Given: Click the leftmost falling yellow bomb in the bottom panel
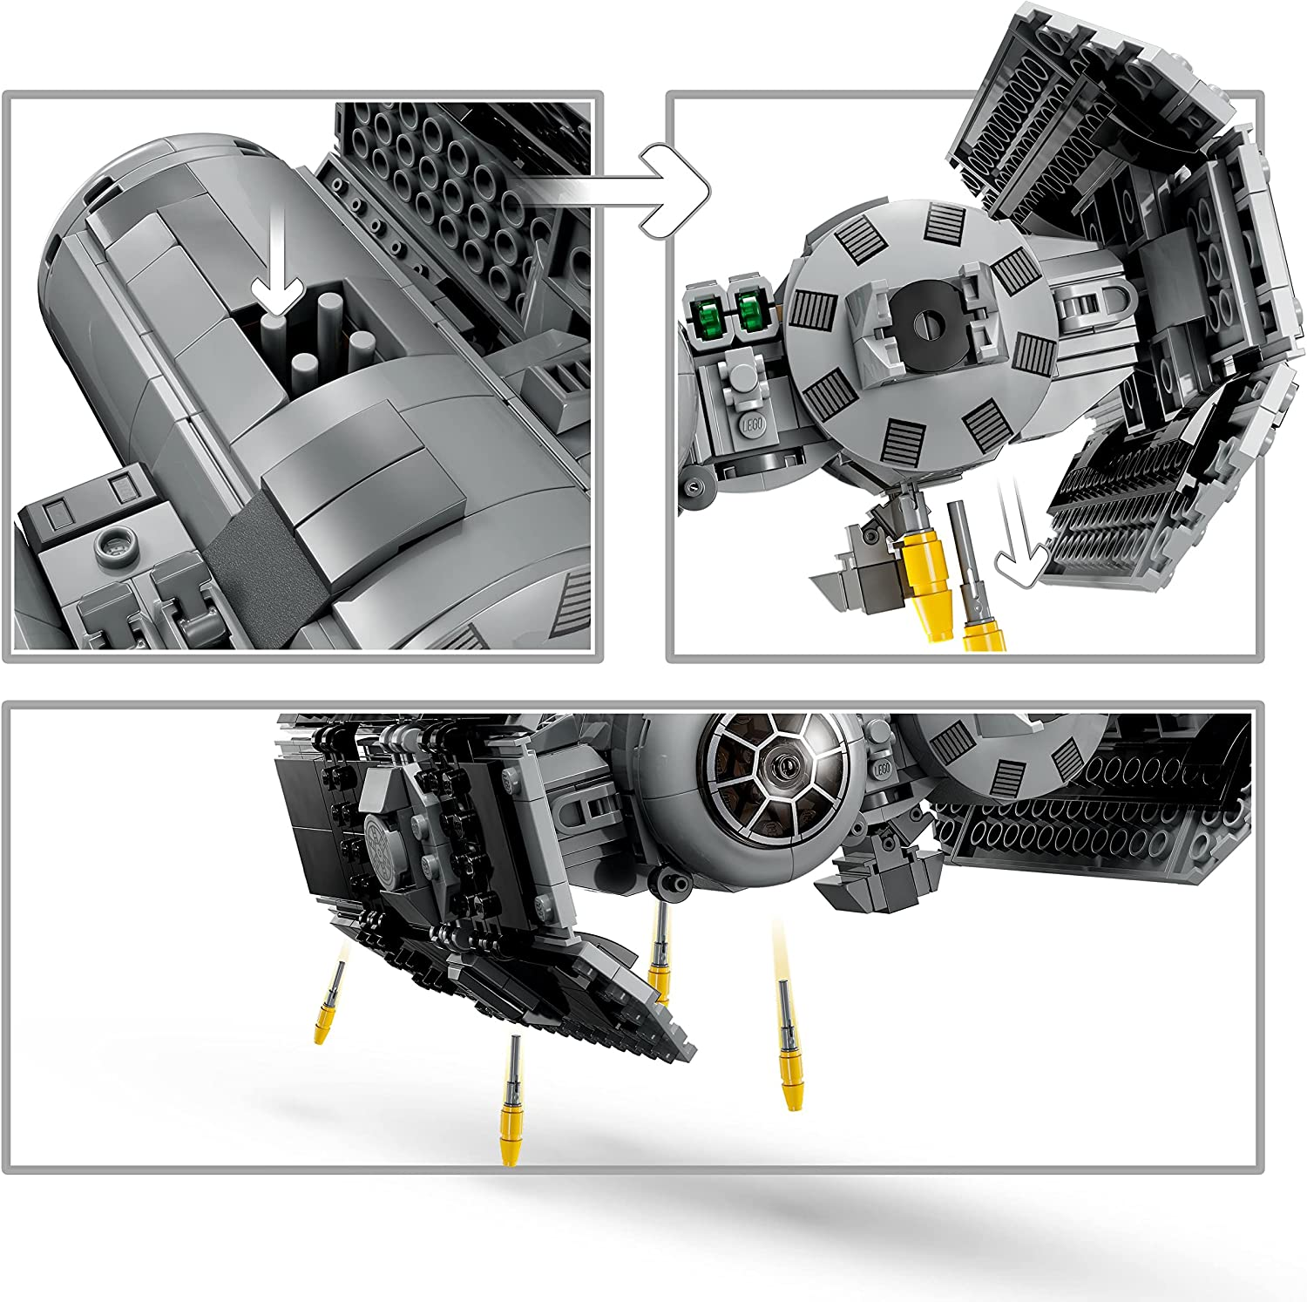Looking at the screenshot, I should [x=328, y=1002].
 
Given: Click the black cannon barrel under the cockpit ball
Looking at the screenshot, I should [x=669, y=881].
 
